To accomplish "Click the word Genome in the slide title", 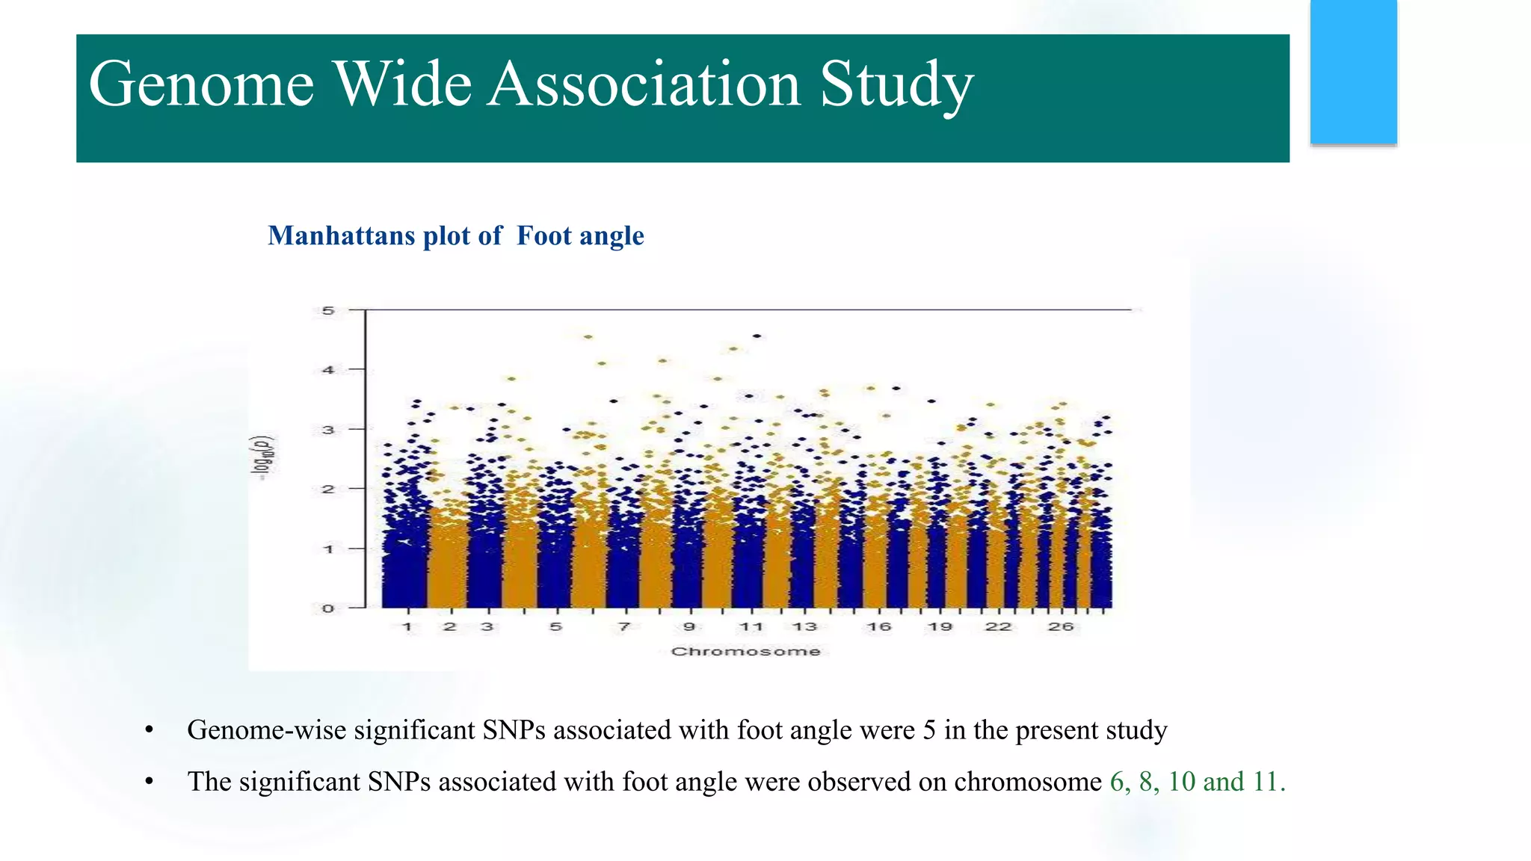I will tap(200, 84).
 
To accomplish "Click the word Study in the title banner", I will tap(896, 84).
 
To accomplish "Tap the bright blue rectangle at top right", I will tap(1353, 72).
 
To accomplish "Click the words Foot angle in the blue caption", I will tap(580, 236).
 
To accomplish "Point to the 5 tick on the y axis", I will tap(328, 310).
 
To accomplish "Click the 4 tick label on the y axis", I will tap(328, 369).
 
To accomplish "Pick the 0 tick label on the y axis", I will tap(328, 608).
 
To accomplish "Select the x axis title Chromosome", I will tap(745, 652).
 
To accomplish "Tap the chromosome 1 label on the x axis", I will tap(407, 627).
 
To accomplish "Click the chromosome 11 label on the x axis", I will tap(751, 627).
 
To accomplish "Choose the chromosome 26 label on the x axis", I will tap(1060, 627).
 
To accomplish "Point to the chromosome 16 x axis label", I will tap(879, 627).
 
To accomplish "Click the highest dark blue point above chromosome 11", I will tap(757, 336).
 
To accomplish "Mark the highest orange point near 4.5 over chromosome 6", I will tap(588, 337).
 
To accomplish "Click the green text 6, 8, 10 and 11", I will tap(1197, 782).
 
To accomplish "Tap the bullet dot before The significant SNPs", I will tap(150, 783).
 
